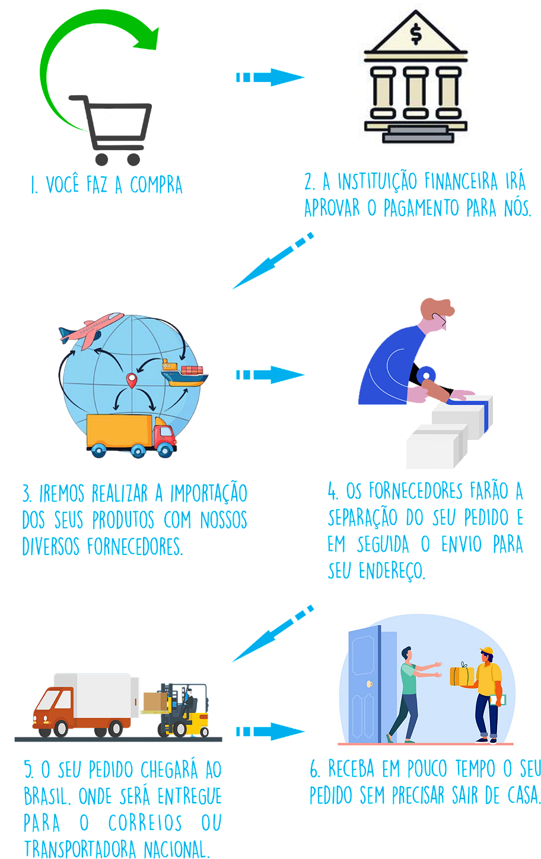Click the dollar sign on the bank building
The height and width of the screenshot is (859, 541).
[x=416, y=34]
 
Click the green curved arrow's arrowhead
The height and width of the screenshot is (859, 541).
[x=148, y=39]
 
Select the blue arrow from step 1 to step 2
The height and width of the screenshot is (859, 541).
[x=270, y=77]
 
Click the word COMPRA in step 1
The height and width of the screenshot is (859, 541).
[x=156, y=185]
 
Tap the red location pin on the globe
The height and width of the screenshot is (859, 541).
[x=132, y=381]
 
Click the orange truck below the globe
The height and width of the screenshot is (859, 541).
[x=132, y=436]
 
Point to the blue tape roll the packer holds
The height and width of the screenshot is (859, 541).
[x=426, y=374]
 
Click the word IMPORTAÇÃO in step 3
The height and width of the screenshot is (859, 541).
[x=209, y=493]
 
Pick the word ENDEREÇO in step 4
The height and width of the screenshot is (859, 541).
[x=392, y=570]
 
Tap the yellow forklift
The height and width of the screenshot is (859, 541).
[x=184, y=710]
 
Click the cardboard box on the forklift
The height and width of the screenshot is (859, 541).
[x=155, y=702]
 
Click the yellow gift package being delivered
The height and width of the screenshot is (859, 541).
[x=462, y=676]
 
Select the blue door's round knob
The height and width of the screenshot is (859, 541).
[x=370, y=684]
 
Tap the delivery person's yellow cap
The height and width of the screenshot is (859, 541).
[x=486, y=651]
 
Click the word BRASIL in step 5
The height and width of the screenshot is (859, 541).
[x=47, y=796]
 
